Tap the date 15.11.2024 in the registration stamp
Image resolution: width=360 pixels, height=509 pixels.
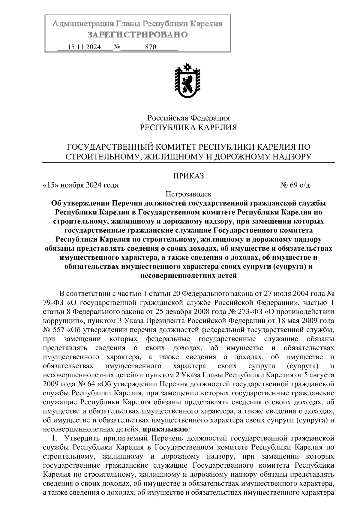[84, 47]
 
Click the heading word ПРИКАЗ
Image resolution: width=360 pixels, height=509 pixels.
[188, 176]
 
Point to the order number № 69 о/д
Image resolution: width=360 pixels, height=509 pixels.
[295, 185]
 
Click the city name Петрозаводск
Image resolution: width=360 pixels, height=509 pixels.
[188, 194]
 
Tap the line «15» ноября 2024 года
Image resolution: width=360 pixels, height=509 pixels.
[81, 185]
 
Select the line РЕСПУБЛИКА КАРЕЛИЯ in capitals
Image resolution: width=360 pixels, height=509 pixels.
[188, 128]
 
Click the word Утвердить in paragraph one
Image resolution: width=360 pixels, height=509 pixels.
[82, 438]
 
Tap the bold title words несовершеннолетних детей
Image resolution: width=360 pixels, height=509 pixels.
[188, 275]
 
